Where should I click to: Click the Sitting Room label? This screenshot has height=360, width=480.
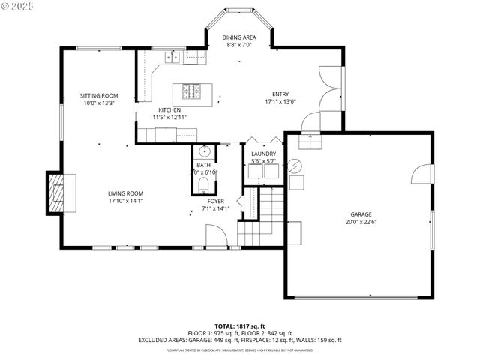(99, 95)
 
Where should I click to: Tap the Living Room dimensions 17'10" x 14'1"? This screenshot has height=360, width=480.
(125, 200)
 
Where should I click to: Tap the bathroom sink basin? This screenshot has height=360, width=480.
(203, 151)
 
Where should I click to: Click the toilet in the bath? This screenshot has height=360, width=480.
(203, 184)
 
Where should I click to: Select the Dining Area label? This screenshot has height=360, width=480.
(239, 37)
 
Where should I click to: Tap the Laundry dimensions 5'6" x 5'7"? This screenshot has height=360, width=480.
(263, 161)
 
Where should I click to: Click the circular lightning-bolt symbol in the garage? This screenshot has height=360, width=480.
(295, 166)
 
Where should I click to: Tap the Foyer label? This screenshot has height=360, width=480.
(215, 201)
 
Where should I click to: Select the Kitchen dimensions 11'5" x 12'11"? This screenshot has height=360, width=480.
(169, 118)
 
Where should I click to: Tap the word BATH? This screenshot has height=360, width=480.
(203, 165)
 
